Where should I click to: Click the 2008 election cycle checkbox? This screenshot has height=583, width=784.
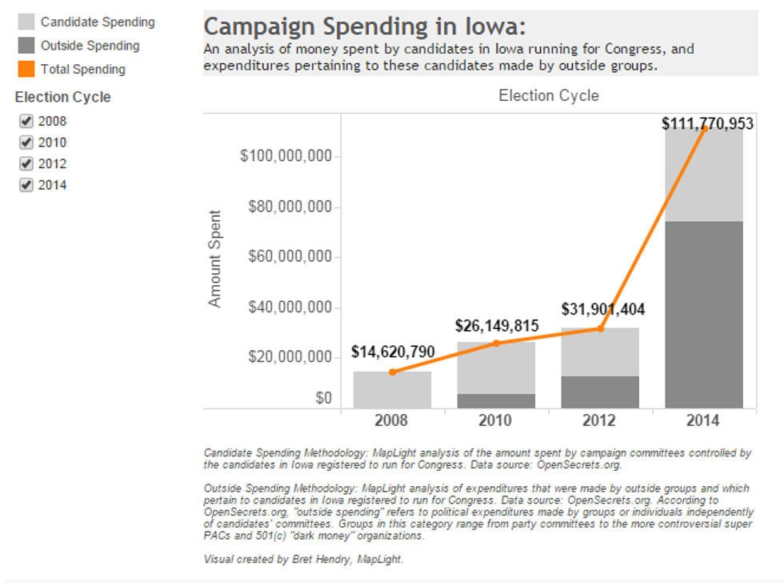(x=26, y=122)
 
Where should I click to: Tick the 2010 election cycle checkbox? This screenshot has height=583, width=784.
(x=26, y=143)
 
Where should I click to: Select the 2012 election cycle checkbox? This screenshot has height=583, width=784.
(x=26, y=164)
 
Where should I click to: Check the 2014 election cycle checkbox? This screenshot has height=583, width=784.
(x=26, y=185)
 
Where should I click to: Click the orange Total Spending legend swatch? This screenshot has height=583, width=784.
(x=26, y=69)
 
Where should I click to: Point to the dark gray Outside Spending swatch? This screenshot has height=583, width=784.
(x=26, y=46)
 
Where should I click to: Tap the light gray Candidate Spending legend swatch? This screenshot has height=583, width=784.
(x=26, y=22)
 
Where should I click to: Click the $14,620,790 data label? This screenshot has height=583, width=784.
(x=393, y=352)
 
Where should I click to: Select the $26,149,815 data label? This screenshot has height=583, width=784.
(x=497, y=326)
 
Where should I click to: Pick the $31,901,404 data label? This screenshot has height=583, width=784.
(x=602, y=309)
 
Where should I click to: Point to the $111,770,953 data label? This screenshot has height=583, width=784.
(x=707, y=124)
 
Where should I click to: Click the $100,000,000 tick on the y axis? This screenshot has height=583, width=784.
(x=286, y=156)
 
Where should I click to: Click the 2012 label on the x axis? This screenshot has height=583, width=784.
(x=600, y=420)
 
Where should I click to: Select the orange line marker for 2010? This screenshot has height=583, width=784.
(x=496, y=343)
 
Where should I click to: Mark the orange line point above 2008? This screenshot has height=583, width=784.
(x=392, y=372)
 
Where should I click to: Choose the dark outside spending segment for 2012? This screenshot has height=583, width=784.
(x=600, y=392)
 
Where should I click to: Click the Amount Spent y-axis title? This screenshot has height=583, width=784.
(x=214, y=259)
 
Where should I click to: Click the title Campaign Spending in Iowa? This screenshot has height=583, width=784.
(x=365, y=26)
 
